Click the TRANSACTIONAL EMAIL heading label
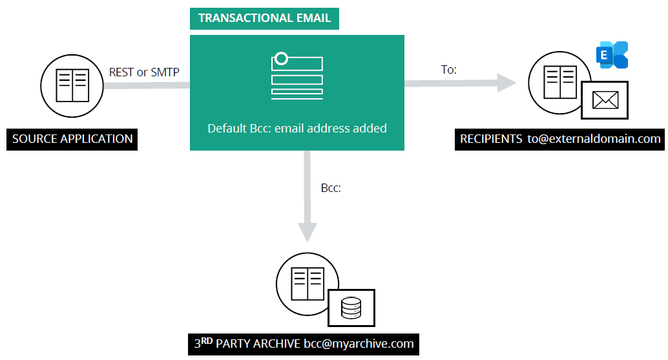click(264, 18)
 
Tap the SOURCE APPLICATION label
click(72, 139)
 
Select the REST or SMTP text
click(144, 72)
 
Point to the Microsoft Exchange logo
click(612, 55)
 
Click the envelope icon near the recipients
click(605, 100)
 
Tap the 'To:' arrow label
click(448, 69)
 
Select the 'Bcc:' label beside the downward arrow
click(331, 189)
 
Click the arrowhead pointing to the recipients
click(507, 82)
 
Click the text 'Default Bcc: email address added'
click(297, 129)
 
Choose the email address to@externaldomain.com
click(594, 138)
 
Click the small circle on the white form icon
click(281, 59)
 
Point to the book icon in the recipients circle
click(559, 80)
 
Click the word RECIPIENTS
click(490, 138)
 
